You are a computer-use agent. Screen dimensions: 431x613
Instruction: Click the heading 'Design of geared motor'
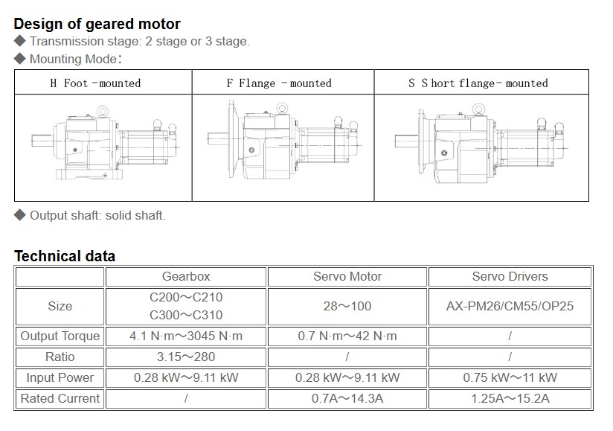pos(97,24)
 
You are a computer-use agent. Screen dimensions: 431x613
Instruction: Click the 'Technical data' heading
pos(65,256)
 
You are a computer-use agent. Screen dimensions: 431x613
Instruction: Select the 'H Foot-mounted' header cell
pos(95,83)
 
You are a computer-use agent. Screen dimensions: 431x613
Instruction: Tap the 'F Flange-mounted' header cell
pos(279,83)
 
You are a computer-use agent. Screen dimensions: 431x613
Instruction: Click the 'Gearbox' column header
pos(186,276)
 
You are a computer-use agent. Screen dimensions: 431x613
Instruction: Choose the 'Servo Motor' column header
pos(347,276)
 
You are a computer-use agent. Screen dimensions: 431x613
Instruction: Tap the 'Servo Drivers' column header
pos(510,276)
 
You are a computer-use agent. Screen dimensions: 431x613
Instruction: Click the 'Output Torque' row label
pos(60,336)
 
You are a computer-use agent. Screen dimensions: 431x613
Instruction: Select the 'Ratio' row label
pos(60,357)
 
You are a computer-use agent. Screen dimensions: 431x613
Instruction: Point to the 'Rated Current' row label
pos(60,398)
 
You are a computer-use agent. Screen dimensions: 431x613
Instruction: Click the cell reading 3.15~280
pos(186,357)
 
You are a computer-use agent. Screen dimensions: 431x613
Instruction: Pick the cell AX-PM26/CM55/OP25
pos(510,306)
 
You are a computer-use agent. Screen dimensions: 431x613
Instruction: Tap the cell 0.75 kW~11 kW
pos(510,377)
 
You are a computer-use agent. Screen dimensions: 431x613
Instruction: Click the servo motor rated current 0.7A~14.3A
pos(347,398)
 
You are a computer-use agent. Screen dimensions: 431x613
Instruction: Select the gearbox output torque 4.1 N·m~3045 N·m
pos(186,336)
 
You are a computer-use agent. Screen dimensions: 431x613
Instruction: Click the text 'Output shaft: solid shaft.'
pos(97,215)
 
